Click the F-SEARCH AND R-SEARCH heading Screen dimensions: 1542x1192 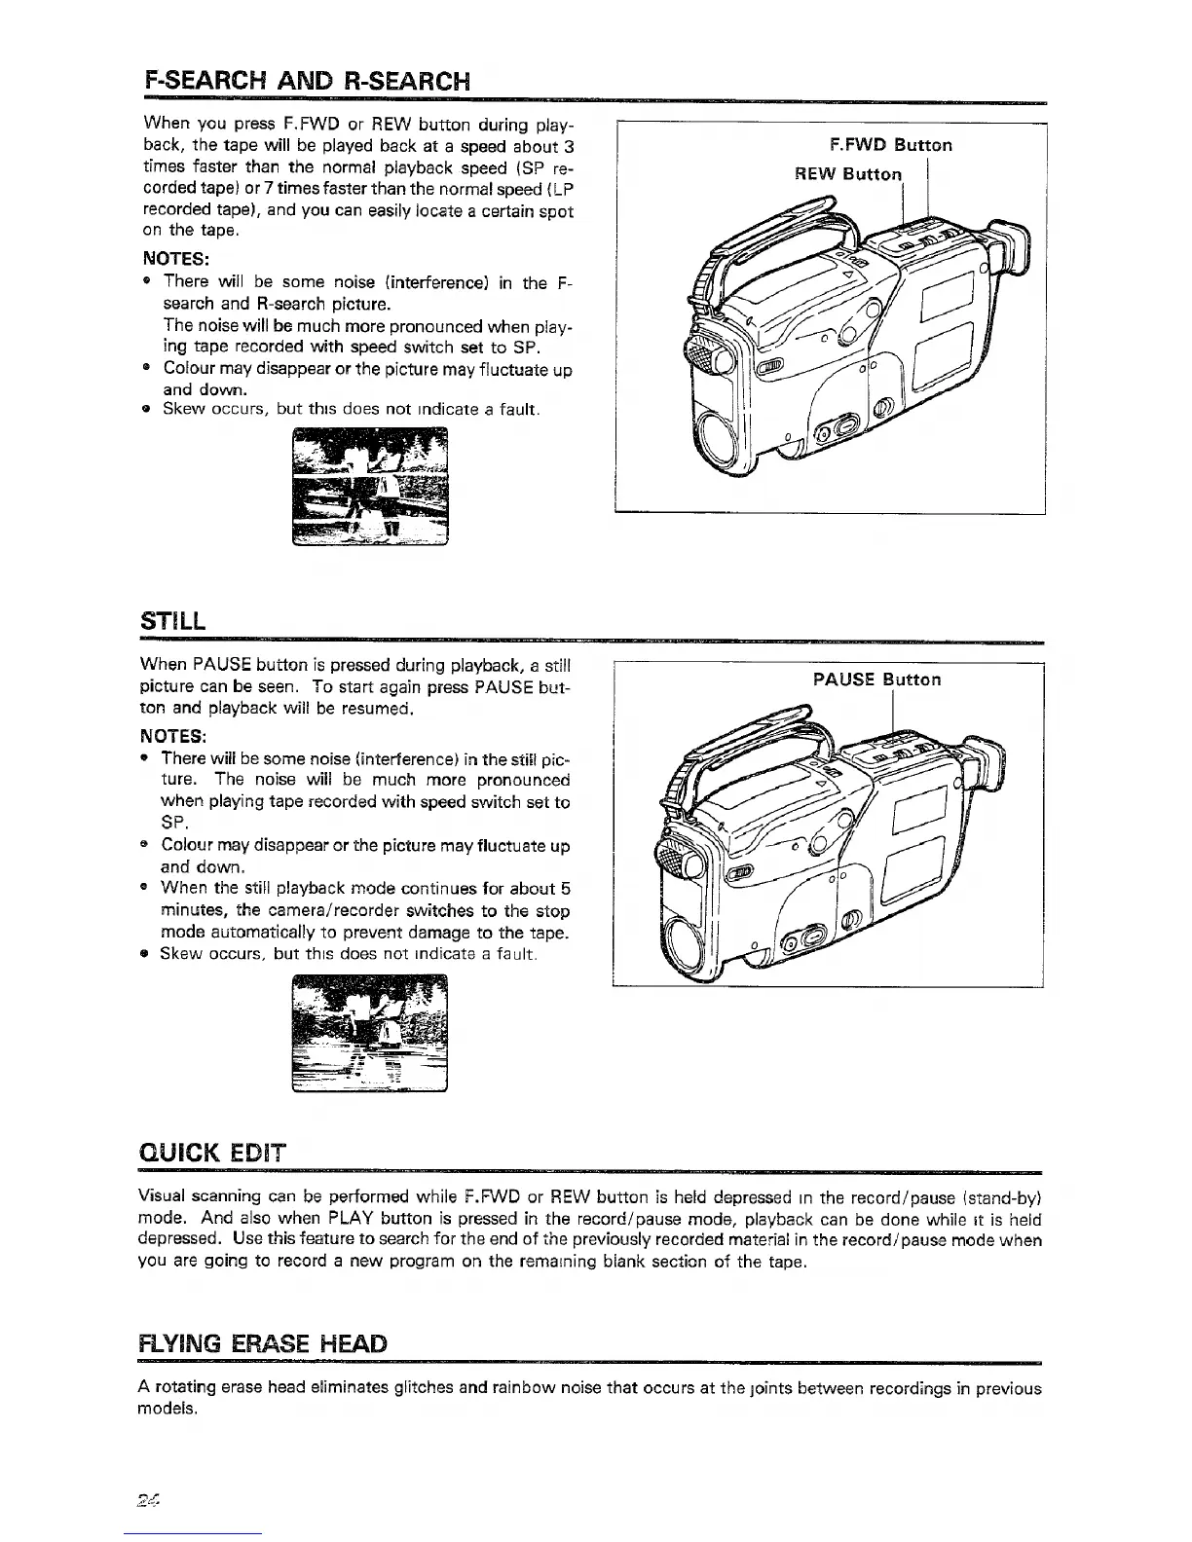pyautogui.click(x=306, y=79)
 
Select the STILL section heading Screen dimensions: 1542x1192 pyautogui.click(x=173, y=620)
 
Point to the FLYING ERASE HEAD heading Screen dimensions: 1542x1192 pyautogui.click(x=264, y=1344)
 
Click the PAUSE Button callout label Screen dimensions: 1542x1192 pyautogui.click(x=876, y=679)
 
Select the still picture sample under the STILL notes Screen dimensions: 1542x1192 pyautogui.click(x=370, y=1034)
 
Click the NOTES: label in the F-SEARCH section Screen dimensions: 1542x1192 pyautogui.click(x=174, y=260)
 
